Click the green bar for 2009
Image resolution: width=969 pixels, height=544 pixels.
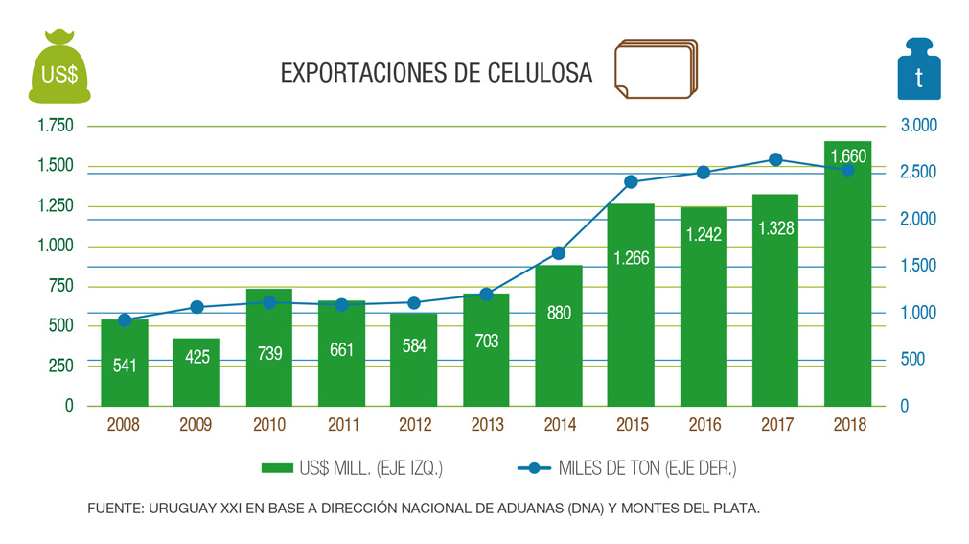coord(196,372)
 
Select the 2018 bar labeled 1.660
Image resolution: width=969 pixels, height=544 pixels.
coord(848,278)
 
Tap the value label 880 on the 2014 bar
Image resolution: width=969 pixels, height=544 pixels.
coord(558,313)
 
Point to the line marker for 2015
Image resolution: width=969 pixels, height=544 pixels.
coord(631,181)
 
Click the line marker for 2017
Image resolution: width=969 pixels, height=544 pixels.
coord(776,159)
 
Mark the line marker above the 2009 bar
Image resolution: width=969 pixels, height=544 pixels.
coord(196,307)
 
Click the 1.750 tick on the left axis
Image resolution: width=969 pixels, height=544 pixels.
coord(55,126)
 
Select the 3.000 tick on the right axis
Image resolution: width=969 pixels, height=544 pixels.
coord(919,126)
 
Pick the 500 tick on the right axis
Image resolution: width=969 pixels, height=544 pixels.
coord(913,359)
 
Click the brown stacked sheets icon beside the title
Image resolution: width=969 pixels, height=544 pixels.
coord(655,69)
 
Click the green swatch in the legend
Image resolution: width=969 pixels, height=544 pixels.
coord(276,468)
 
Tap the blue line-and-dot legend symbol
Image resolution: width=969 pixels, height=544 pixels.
coord(534,468)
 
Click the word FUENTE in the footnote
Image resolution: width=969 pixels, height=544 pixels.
coord(113,509)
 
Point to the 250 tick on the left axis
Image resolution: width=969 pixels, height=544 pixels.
coord(61,366)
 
